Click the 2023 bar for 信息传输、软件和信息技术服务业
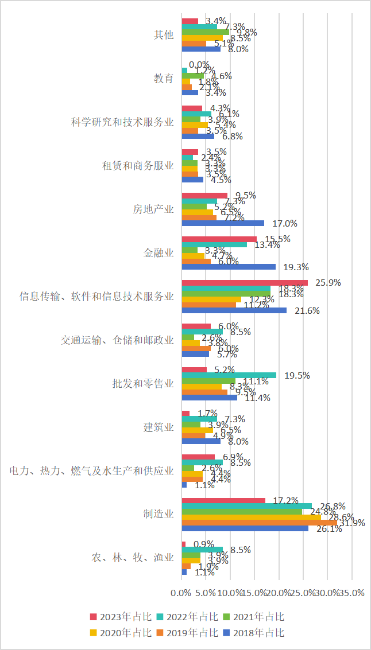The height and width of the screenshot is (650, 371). click(x=245, y=282)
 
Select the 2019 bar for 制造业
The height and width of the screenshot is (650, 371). click(x=259, y=522)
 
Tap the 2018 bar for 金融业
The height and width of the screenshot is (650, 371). click(x=229, y=267)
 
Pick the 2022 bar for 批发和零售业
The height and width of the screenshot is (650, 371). click(x=229, y=375)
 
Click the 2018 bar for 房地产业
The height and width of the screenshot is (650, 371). click(x=223, y=223)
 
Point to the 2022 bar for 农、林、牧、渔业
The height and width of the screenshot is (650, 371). click(x=202, y=550)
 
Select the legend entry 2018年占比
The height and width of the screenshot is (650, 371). click(x=254, y=633)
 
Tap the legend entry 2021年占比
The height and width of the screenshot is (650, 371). click(x=254, y=617)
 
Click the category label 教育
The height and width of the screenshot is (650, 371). click(x=164, y=78)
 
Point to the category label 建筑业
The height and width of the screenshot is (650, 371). click(x=159, y=427)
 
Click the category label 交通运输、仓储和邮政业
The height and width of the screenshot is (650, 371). click(x=117, y=340)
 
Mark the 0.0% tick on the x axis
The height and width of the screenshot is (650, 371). click(x=182, y=593)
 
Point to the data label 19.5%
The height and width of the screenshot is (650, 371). click(x=297, y=375)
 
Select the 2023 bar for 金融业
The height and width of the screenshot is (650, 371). click(x=219, y=239)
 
